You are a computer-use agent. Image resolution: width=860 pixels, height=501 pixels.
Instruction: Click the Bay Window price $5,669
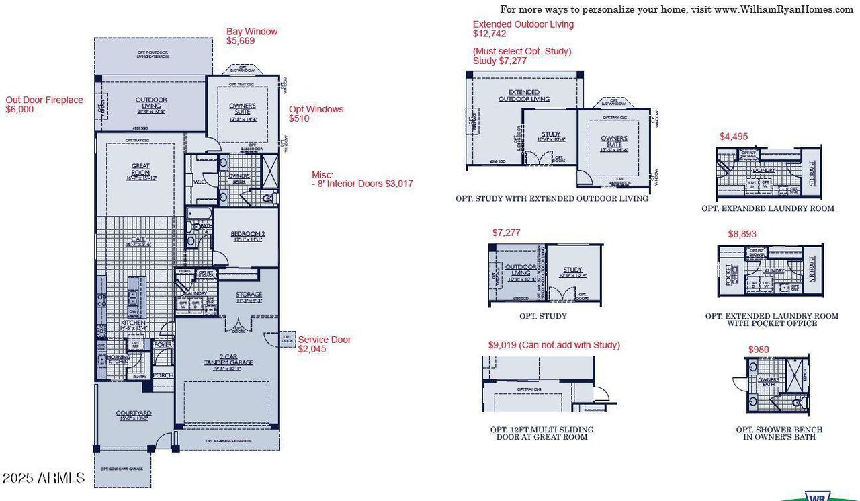tap(241, 41)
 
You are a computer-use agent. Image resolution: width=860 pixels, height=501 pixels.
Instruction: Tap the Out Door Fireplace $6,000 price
tap(19, 109)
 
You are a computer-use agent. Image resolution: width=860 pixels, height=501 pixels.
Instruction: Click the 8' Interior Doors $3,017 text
tap(365, 184)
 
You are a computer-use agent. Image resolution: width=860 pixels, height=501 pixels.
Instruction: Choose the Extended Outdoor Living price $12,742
tap(489, 34)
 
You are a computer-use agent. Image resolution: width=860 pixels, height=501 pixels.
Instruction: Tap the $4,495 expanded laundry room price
tap(733, 137)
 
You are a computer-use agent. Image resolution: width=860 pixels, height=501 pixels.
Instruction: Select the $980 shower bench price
tap(759, 349)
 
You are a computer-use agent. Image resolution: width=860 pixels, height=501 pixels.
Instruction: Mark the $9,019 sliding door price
tap(554, 345)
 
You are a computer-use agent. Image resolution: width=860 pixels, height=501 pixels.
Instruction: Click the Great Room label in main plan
tap(140, 169)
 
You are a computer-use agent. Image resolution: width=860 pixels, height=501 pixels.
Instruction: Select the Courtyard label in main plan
tap(133, 415)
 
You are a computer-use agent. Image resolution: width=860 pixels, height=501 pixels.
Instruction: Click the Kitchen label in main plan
tap(133, 323)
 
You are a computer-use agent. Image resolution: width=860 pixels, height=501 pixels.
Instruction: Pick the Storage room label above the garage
tap(249, 295)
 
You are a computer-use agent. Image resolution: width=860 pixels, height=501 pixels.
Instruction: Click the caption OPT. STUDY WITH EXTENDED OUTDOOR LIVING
tap(551, 198)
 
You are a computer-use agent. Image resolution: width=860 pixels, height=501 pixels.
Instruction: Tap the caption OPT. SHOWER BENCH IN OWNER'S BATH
tap(779, 433)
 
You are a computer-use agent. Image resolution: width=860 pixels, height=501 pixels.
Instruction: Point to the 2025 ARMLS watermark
tap(43, 478)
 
